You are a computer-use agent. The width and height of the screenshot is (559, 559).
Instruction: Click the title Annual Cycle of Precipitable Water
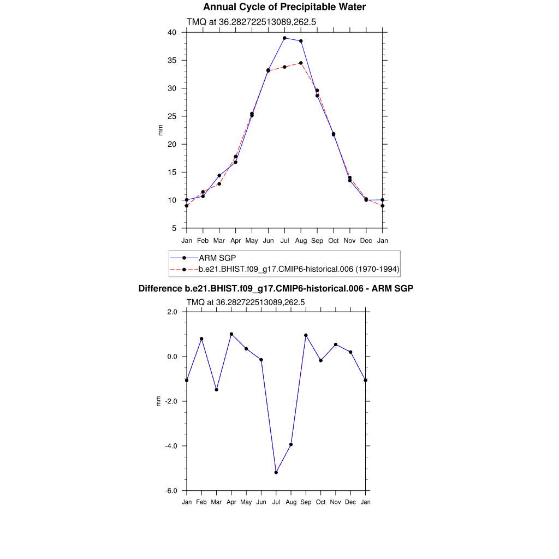(x=284, y=7)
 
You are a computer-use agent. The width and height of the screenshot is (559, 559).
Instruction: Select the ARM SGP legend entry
(x=217, y=258)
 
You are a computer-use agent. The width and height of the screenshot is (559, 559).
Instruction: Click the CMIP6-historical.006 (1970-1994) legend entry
(x=299, y=269)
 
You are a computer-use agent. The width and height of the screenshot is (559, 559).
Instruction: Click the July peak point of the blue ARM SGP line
(x=284, y=38)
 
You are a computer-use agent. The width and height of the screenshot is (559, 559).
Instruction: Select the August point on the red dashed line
(x=301, y=63)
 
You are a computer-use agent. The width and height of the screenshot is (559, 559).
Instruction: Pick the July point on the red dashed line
(x=284, y=67)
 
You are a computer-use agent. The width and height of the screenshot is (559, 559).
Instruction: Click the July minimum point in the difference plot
(x=276, y=472)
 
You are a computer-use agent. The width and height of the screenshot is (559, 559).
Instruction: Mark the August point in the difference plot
(x=291, y=444)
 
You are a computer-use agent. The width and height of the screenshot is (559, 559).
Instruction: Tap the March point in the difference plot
(x=217, y=390)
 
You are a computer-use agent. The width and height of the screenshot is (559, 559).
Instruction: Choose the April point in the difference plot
(x=231, y=334)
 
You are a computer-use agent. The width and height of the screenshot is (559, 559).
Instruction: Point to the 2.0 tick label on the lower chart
(x=172, y=312)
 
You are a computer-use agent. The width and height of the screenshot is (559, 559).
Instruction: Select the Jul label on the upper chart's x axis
(x=284, y=241)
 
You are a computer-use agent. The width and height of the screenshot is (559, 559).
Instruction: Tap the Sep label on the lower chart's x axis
(x=306, y=502)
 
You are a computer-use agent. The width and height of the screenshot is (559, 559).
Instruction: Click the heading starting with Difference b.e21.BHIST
(x=276, y=288)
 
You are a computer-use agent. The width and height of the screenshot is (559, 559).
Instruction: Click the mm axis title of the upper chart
(x=160, y=130)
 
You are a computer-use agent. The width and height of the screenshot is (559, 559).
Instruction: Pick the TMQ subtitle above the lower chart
(x=246, y=302)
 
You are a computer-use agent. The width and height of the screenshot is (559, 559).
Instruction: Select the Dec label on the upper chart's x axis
(x=366, y=241)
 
